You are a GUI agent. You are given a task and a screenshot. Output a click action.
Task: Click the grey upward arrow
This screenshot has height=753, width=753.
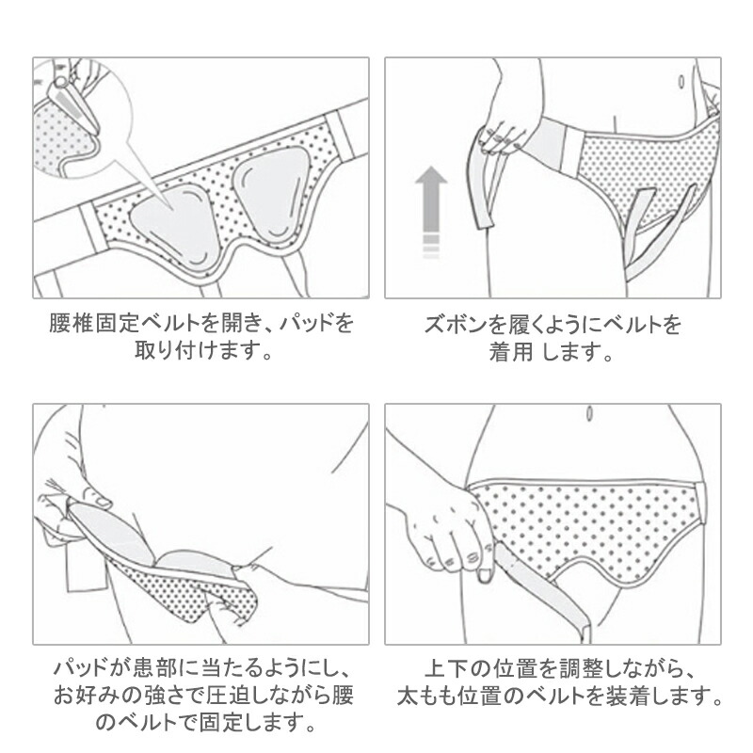tap(432, 211)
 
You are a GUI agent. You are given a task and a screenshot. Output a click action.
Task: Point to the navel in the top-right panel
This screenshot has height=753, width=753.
tap(681, 82)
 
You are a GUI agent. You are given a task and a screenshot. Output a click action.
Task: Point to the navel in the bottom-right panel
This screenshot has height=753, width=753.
tap(589, 414)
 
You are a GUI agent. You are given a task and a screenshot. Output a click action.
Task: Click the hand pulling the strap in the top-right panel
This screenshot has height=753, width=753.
tap(505, 135)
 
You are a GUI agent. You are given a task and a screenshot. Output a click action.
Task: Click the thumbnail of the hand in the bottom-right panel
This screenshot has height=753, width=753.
tap(485, 576)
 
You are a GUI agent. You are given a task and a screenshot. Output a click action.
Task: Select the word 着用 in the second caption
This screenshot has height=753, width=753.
tap(511, 351)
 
